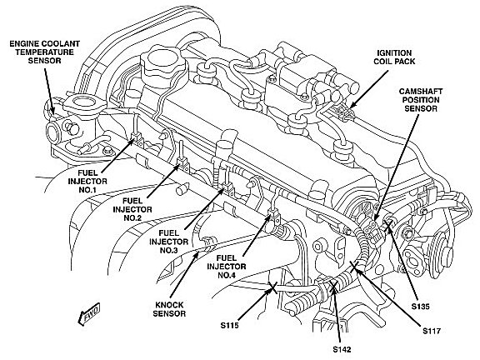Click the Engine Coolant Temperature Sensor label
point(45,52)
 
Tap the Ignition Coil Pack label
point(394,57)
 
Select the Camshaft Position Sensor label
point(421,100)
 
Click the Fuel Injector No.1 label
point(87,181)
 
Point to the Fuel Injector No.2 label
point(132,209)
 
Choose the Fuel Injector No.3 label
point(168,242)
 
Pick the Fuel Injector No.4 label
point(227,267)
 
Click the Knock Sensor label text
point(169,309)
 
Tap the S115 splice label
point(230,325)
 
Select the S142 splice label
point(342,349)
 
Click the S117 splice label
point(432,331)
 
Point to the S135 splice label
point(421,307)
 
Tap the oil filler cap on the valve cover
point(164,62)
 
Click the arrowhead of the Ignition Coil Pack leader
point(352,106)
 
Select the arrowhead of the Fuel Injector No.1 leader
point(132,140)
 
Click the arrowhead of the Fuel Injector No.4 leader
point(268,217)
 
